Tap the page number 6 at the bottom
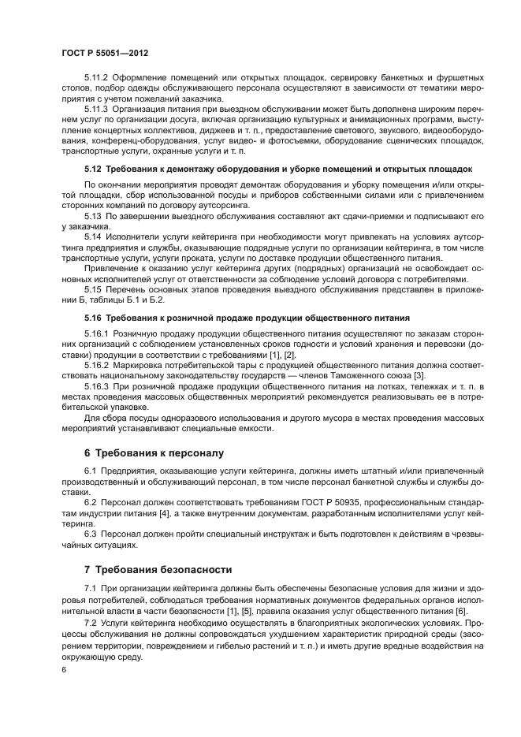(x=63, y=669)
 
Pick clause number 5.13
(x=94, y=214)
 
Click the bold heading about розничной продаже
(x=247, y=318)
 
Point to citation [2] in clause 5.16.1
(x=291, y=355)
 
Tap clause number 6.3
(x=91, y=534)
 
